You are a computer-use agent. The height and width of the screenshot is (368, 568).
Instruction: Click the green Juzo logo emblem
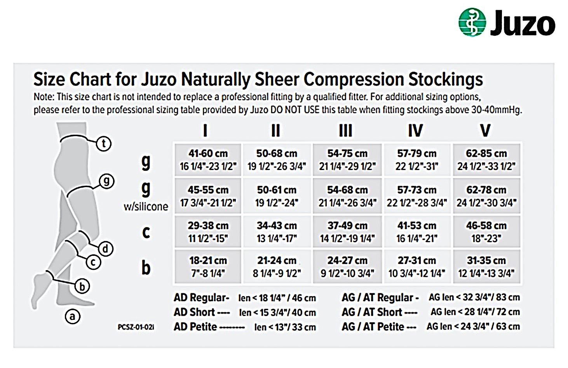[472, 22]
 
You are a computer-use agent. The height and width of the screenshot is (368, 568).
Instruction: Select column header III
[346, 130]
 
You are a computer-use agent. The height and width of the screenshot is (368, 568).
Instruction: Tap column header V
[485, 130]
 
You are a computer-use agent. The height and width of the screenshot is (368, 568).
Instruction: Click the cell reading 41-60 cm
[208, 160]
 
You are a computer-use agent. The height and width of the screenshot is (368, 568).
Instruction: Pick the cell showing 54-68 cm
[347, 196]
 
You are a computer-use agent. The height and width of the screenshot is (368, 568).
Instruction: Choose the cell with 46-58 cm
[486, 232]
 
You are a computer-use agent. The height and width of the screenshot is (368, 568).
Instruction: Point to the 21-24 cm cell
[277, 266]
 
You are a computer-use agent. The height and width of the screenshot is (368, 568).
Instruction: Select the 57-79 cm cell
[417, 160]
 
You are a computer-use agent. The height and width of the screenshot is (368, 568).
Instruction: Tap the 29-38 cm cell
[208, 232]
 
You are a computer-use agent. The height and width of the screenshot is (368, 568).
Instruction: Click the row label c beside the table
[146, 232]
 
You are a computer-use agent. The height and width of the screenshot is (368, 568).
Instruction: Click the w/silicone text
[146, 207]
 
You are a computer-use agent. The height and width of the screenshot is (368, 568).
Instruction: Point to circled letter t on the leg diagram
[104, 144]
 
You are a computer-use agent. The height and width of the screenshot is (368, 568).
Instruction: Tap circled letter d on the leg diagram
[105, 248]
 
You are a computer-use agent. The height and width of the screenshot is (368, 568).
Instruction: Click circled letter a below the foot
[73, 316]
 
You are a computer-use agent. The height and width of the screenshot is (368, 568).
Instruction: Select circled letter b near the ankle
[82, 286]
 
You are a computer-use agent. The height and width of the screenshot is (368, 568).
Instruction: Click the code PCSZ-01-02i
[136, 327]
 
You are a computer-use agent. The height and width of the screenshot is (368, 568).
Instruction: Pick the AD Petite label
[195, 327]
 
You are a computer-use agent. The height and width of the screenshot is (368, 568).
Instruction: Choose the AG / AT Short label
[372, 312]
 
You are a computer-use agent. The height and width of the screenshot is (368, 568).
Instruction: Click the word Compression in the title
[354, 80]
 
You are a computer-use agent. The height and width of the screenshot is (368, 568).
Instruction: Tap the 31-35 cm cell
[486, 266]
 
